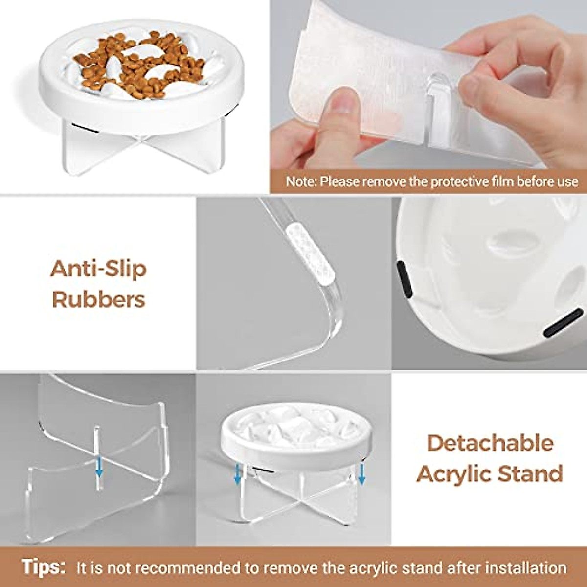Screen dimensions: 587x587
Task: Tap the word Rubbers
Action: coord(98,299)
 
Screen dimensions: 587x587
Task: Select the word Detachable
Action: coord(490,443)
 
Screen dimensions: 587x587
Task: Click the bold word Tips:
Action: coord(44,567)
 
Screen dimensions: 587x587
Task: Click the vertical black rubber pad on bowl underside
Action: coord(404,279)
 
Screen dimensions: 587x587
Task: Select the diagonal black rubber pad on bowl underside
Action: coord(563,323)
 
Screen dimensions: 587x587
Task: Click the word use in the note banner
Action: coord(567,182)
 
